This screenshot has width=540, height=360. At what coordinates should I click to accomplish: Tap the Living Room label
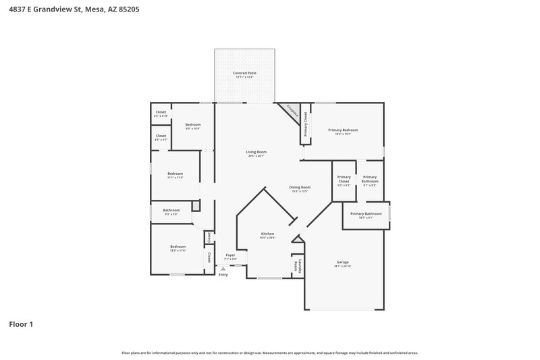click(x=256, y=153)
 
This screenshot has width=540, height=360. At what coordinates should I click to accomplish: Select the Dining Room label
click(x=300, y=188)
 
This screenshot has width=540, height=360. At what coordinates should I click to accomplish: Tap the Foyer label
click(x=230, y=256)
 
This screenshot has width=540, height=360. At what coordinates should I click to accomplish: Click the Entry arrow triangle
click(x=223, y=268)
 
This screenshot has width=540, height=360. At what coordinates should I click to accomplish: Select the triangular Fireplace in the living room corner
click(x=292, y=111)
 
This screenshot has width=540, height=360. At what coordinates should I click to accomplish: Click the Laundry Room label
click(x=297, y=265)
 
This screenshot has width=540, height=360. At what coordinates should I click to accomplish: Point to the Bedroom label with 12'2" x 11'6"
click(x=178, y=248)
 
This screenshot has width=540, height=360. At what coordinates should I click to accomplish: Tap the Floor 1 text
click(x=21, y=324)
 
